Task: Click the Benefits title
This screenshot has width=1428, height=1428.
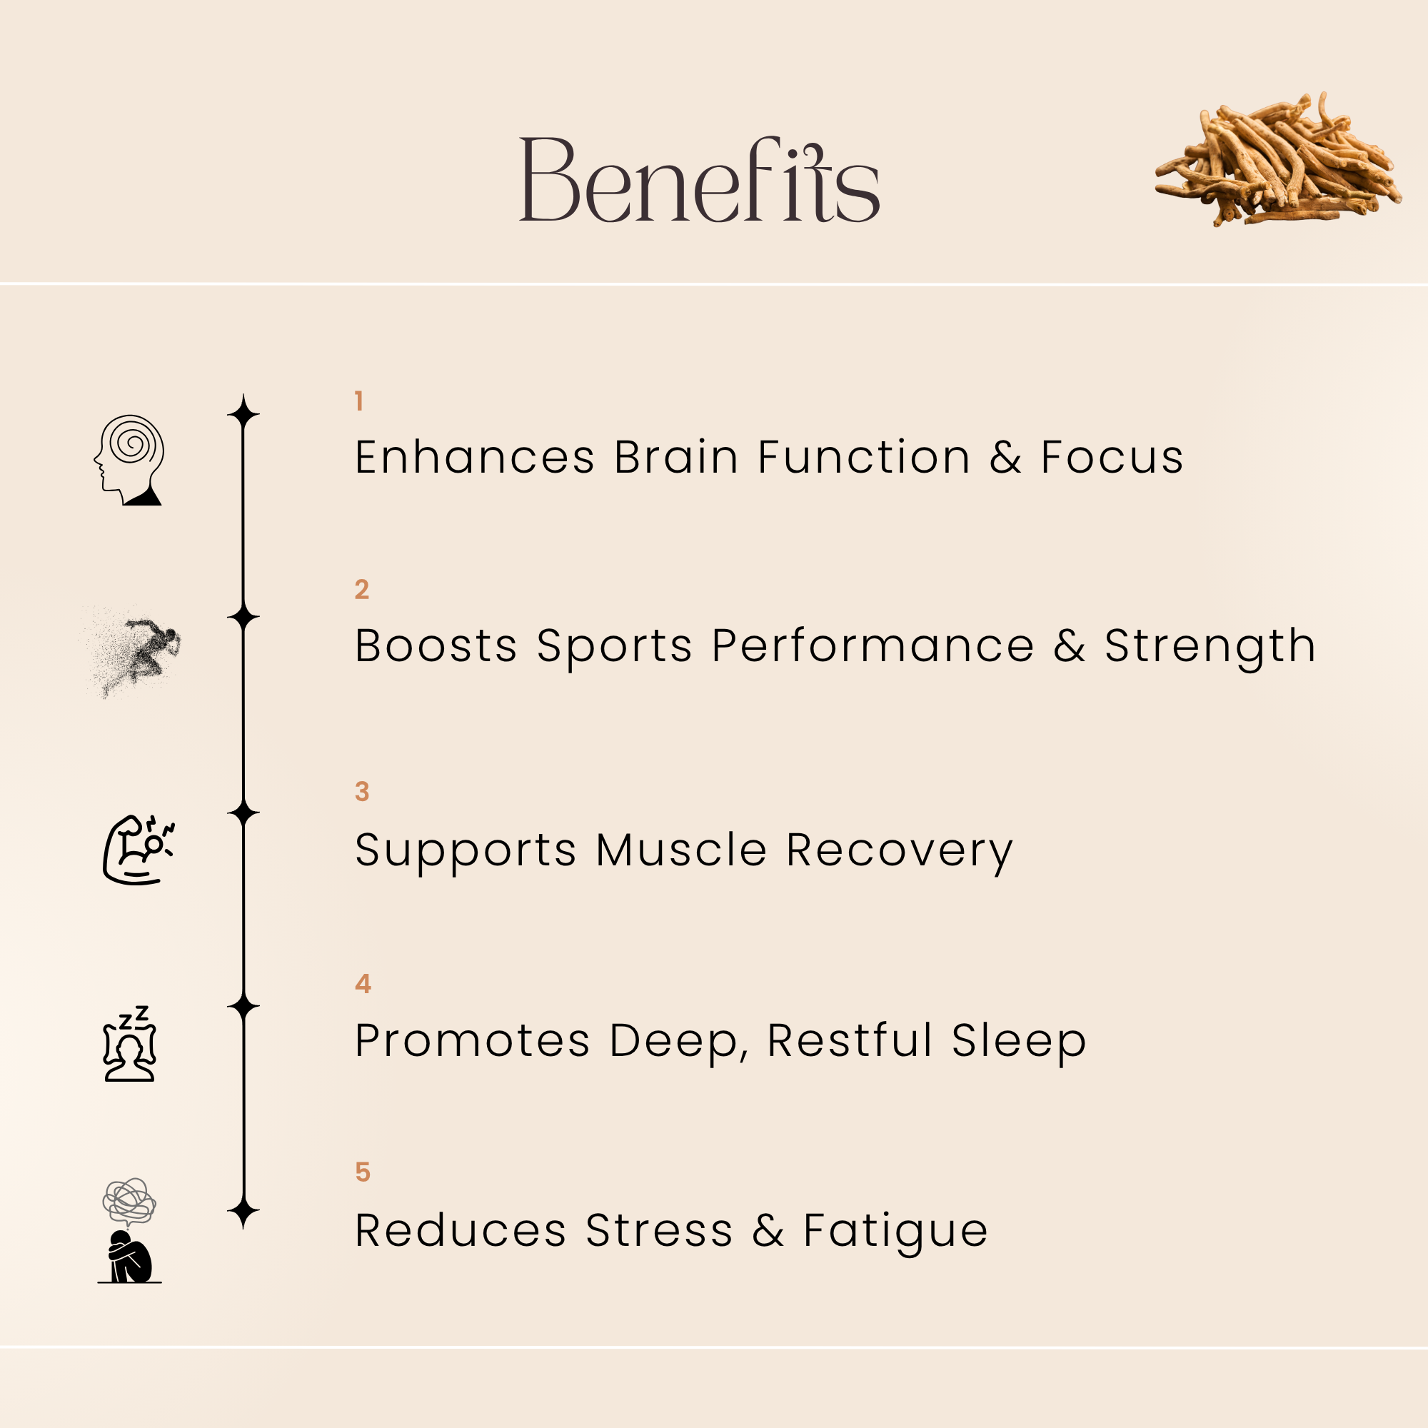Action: [699, 180]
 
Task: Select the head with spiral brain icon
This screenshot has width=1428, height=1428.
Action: [129, 460]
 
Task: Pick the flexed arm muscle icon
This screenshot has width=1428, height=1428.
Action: [137, 850]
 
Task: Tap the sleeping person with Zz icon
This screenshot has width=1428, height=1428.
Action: [130, 1044]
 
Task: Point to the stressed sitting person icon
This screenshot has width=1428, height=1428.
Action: [129, 1231]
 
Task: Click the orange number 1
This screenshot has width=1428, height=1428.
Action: [359, 401]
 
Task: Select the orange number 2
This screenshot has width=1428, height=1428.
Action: [361, 589]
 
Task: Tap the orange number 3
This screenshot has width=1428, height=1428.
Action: [361, 792]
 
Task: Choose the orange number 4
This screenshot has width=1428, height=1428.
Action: [362, 984]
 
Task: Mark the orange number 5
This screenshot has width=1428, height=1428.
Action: [362, 1172]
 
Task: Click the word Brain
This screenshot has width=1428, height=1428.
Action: [675, 457]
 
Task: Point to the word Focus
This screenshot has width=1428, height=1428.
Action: [1112, 457]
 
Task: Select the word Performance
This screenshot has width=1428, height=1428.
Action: [873, 646]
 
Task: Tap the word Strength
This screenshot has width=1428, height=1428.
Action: [1210, 646]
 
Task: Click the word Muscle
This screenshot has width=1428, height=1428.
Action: [680, 850]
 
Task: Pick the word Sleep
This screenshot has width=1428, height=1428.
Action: [1019, 1041]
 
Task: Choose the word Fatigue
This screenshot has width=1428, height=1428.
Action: [895, 1231]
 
